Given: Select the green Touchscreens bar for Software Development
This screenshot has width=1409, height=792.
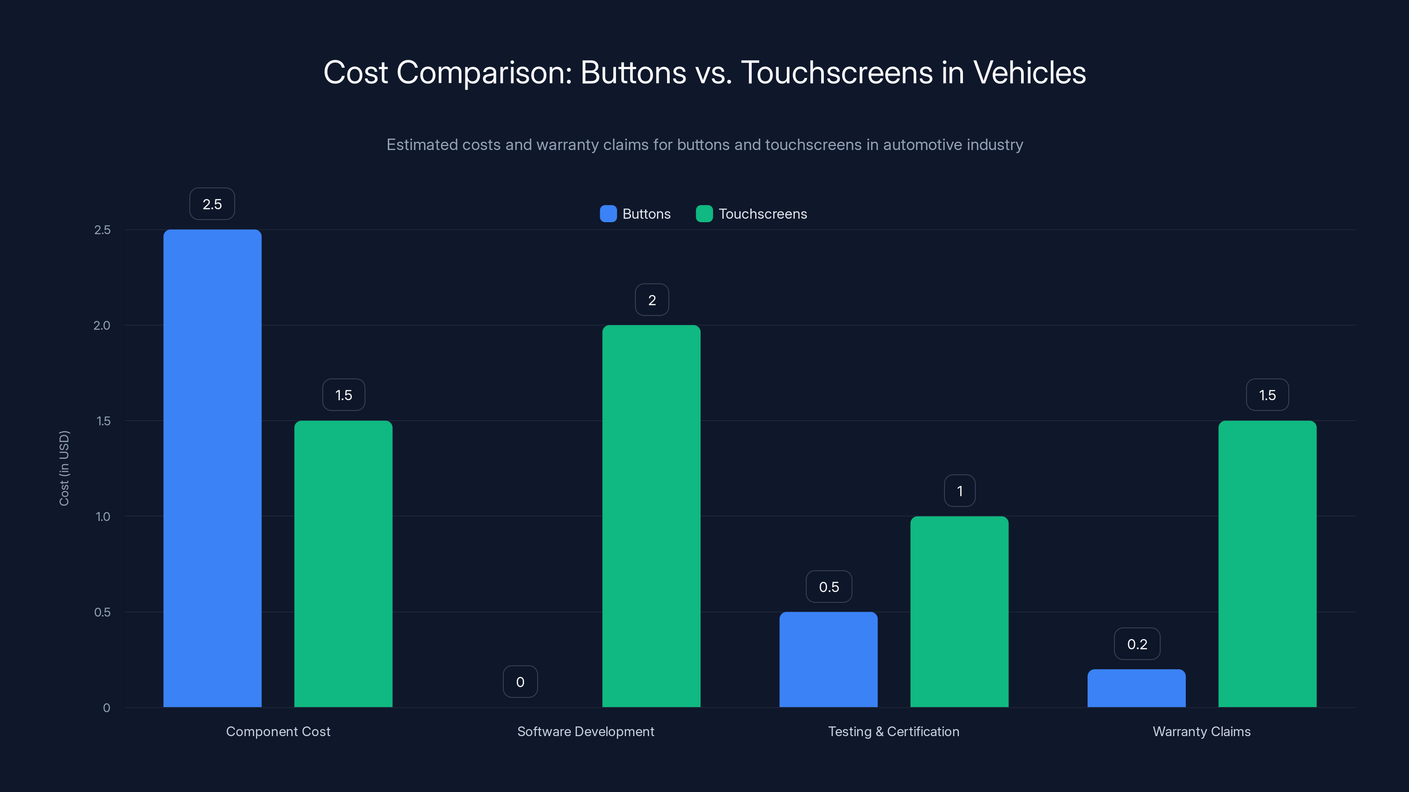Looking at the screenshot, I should pos(651,516).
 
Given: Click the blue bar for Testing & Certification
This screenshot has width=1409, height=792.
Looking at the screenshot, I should pos(828,659).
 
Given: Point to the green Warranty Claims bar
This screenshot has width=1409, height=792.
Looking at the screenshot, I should pos(1267,564).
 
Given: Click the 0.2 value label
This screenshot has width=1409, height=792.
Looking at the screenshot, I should pos(1136,644).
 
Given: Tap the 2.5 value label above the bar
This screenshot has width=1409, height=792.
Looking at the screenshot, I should pos(212,204).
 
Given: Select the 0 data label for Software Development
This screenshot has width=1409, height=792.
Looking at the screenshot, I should pos(520,682).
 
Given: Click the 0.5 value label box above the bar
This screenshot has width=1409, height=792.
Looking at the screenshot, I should pos(829,587).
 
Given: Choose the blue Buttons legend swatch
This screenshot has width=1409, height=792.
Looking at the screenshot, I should pos(608,214).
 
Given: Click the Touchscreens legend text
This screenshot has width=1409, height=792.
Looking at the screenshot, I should pos(763,214).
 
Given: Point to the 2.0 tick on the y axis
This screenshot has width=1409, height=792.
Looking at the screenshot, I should pos(102,325).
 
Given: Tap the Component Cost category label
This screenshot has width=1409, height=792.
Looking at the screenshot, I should pos(278,731).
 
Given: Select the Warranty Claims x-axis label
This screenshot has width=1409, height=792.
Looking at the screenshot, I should pos(1201,731).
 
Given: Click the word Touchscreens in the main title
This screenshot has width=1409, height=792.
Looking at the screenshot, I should pos(836,73).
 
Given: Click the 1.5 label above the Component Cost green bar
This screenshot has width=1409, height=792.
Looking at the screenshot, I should pos(343,395).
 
